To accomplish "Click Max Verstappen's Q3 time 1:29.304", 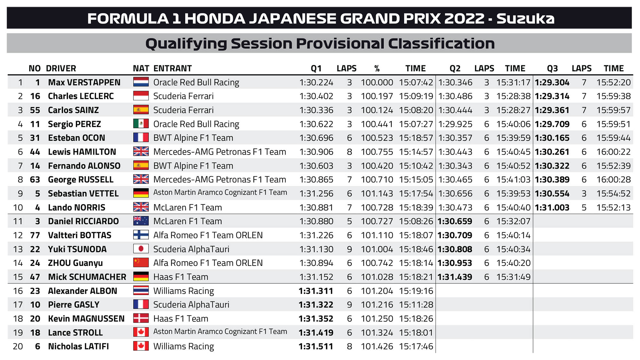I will [552, 83].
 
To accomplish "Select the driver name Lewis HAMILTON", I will [82, 152].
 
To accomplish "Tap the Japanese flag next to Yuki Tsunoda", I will [141, 249].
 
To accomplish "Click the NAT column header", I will [141, 68].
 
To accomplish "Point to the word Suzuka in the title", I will [525, 19].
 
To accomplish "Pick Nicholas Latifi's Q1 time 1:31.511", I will [316, 347].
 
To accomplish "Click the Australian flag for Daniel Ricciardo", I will [141, 221].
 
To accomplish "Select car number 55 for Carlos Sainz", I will [35, 110].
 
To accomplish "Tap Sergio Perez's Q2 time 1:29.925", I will [455, 124].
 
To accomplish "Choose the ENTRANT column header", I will [172, 68].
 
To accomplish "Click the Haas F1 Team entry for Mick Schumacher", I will [180, 277].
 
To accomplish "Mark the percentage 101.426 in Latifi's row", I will [377, 347].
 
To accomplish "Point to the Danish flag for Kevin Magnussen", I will [141, 318].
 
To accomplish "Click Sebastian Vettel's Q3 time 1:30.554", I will [552, 194].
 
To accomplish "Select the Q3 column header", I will [552, 68].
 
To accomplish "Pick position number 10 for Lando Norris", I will [18, 208].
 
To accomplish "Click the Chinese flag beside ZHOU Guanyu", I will [141, 263].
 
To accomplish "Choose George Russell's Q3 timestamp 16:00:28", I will [613, 180].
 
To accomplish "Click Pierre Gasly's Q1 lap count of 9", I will [349, 305].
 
